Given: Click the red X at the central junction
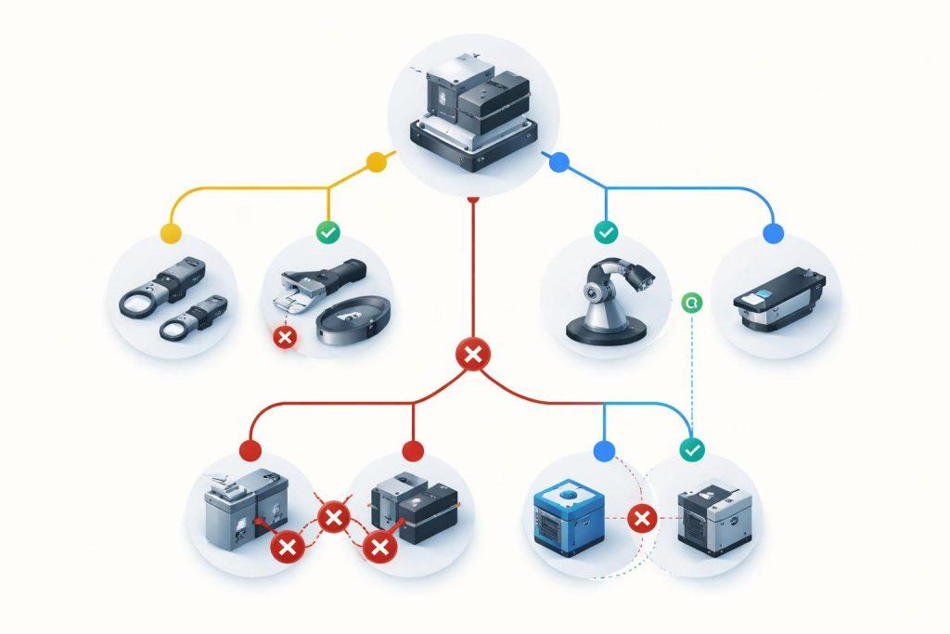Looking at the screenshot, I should point(473,354).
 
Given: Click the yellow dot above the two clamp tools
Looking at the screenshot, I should point(170,232).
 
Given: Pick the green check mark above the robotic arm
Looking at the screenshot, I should point(605,232).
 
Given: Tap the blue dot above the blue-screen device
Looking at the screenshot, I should point(772,232).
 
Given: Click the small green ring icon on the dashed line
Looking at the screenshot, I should point(690,302).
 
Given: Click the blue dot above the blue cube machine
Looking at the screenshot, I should point(604,451).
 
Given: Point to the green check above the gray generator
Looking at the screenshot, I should point(692,450).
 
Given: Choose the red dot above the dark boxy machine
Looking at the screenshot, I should point(413,451).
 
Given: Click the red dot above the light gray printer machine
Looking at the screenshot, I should point(250,451).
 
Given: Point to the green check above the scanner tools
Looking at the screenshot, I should point(327,232).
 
